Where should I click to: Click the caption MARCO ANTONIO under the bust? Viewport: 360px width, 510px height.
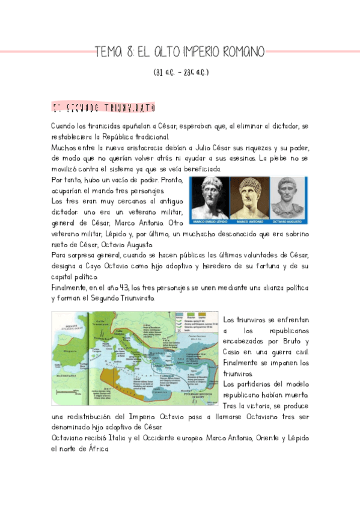click(248, 220)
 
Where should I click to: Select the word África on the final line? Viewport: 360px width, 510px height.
click(97, 449)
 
